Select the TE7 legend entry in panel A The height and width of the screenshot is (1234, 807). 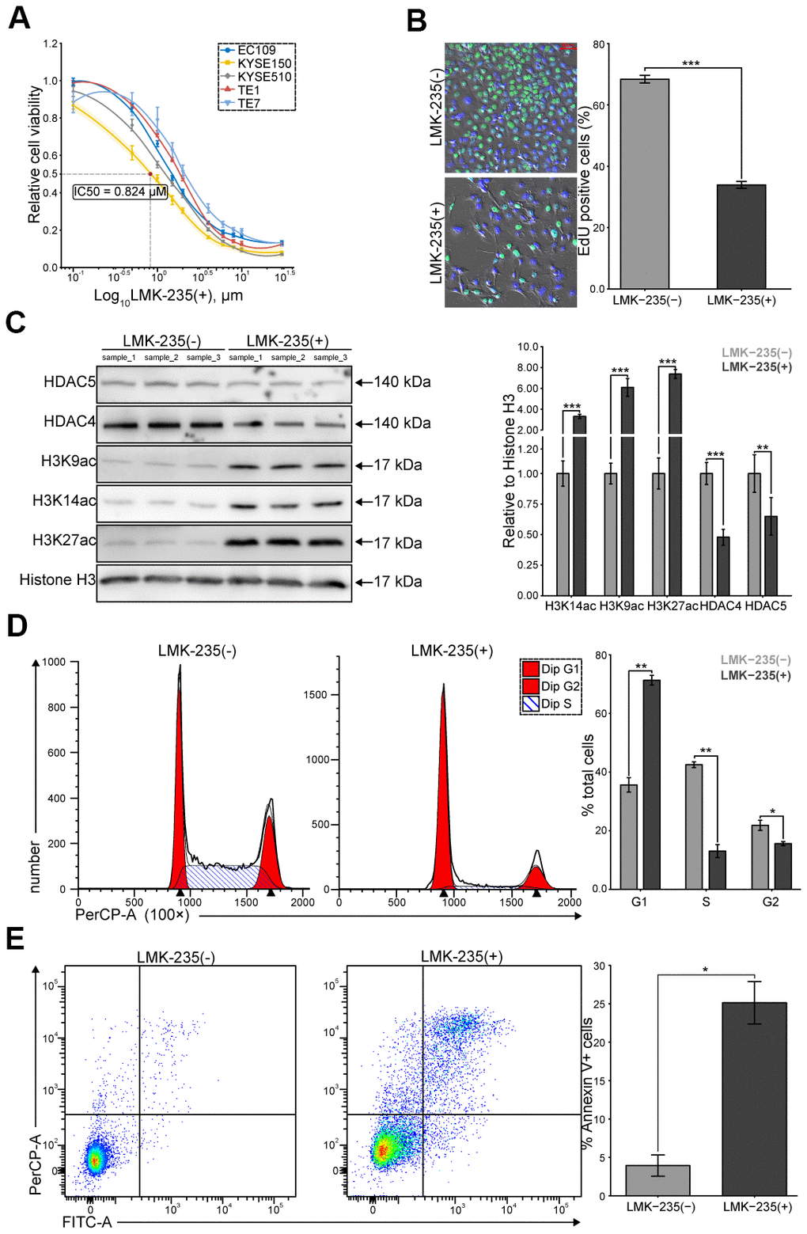[248, 104]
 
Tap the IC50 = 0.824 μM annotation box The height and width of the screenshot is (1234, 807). [120, 192]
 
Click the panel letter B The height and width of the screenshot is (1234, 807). [417, 21]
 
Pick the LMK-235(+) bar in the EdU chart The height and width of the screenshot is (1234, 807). [741, 236]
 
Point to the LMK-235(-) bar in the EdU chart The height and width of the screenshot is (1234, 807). [644, 184]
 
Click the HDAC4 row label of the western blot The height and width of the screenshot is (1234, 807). [70, 422]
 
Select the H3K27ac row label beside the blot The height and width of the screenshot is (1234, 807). [64, 541]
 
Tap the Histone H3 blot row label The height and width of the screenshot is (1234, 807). [57, 580]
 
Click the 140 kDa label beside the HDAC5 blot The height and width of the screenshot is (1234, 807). [402, 382]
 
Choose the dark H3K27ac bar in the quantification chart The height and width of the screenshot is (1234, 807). [675, 483]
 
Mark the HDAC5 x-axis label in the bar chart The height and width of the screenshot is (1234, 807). [765, 606]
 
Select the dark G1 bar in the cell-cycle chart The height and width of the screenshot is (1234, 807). [651, 784]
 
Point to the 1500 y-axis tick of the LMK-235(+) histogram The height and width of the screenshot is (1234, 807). [316, 695]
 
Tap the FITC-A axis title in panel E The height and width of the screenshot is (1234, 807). [87, 1222]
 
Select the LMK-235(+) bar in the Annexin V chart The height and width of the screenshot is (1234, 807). [754, 1098]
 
